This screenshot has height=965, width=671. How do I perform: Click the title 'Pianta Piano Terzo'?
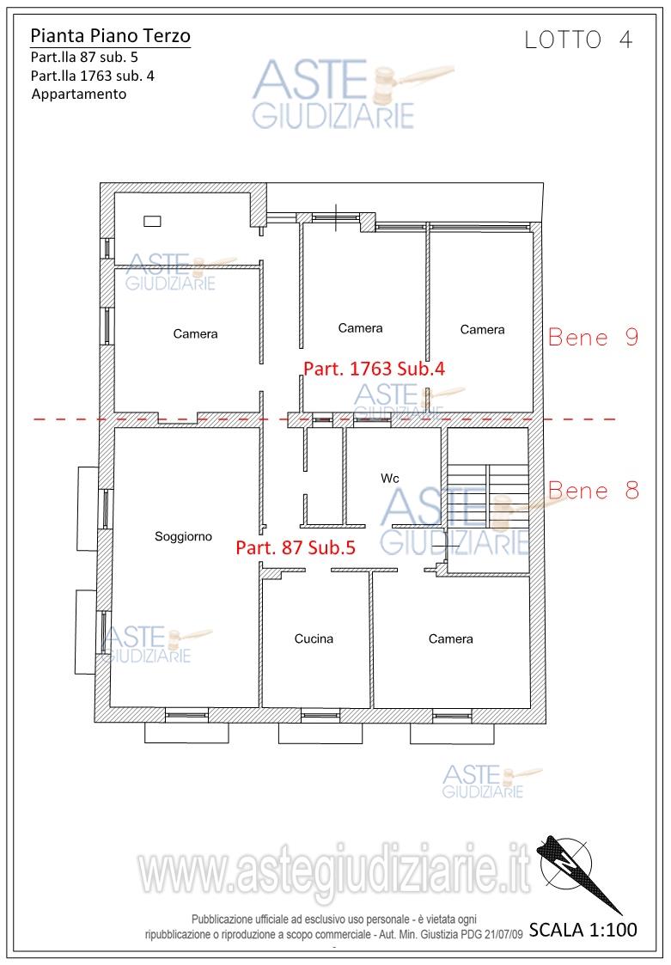[110, 36]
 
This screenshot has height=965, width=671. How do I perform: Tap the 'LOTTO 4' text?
[578, 40]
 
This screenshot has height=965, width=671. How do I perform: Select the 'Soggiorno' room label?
[183, 537]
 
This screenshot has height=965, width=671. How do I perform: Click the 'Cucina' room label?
[314, 638]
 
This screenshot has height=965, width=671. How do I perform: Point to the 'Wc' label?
[390, 478]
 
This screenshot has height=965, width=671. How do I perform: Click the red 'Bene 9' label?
[593, 337]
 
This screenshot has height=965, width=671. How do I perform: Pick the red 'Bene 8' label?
[593, 491]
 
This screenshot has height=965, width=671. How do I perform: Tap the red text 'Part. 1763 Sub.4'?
[374, 369]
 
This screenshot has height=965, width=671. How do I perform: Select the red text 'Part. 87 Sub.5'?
[296, 547]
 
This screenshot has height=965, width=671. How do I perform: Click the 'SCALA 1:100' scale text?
[583, 929]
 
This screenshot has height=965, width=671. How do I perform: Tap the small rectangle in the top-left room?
[152, 220]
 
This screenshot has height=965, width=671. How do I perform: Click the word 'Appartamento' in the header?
[79, 95]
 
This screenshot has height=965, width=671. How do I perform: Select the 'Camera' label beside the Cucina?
[450, 638]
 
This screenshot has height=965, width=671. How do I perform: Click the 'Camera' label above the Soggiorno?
[195, 333]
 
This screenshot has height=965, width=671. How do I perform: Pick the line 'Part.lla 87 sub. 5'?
[84, 58]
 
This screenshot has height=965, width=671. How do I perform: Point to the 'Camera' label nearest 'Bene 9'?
[482, 330]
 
